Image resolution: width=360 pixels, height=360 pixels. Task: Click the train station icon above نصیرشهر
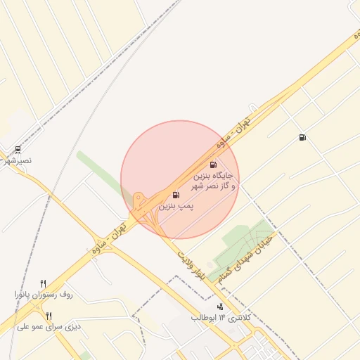click(18, 149)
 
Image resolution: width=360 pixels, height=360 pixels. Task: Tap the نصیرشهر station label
click(18, 161)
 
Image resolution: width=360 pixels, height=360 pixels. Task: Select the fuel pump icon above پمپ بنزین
click(175, 195)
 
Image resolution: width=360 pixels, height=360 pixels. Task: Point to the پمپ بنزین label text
click(175, 207)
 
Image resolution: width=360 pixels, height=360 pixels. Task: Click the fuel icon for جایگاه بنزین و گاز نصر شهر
click(213, 165)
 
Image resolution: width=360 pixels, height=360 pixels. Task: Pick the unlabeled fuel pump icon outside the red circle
click(302, 137)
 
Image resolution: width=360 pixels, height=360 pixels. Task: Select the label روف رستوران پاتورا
click(44, 294)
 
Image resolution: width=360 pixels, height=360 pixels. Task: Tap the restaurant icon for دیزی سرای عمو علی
click(48, 316)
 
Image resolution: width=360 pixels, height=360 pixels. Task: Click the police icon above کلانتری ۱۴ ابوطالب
click(221, 307)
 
